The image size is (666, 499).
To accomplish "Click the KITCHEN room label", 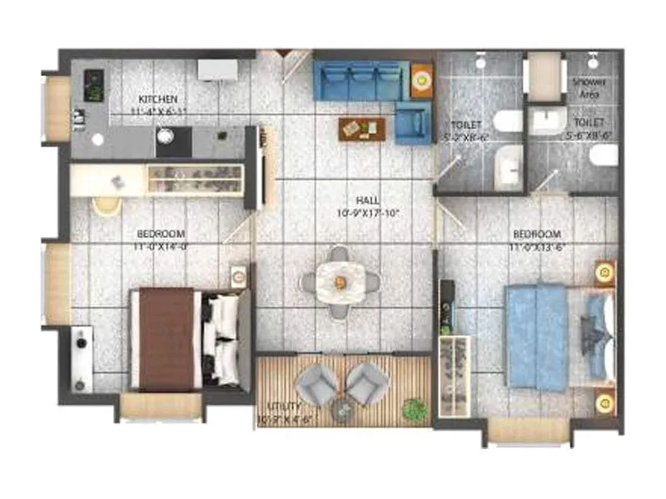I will click(x=158, y=99).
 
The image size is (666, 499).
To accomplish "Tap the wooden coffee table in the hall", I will click(x=362, y=127).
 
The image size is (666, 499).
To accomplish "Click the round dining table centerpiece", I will click(x=340, y=281).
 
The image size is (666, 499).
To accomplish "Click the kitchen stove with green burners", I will click(x=94, y=85).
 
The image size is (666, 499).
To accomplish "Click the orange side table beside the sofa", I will click(x=422, y=81).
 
